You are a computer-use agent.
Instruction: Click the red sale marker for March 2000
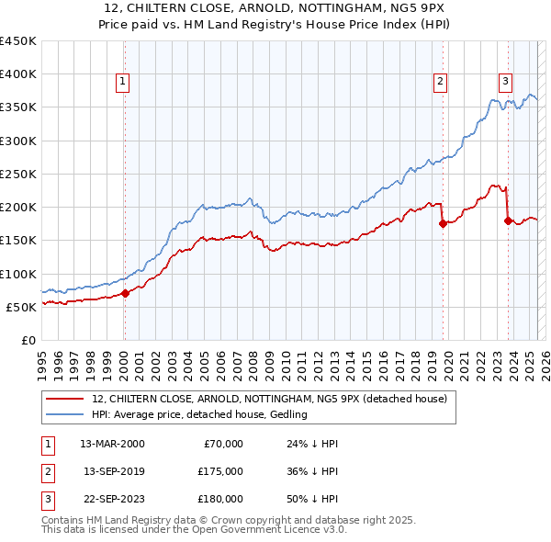click(x=126, y=294)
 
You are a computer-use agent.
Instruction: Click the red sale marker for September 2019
click(x=443, y=223)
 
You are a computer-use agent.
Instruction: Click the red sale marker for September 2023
click(x=508, y=220)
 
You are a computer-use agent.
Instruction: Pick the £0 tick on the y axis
click(x=28, y=340)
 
